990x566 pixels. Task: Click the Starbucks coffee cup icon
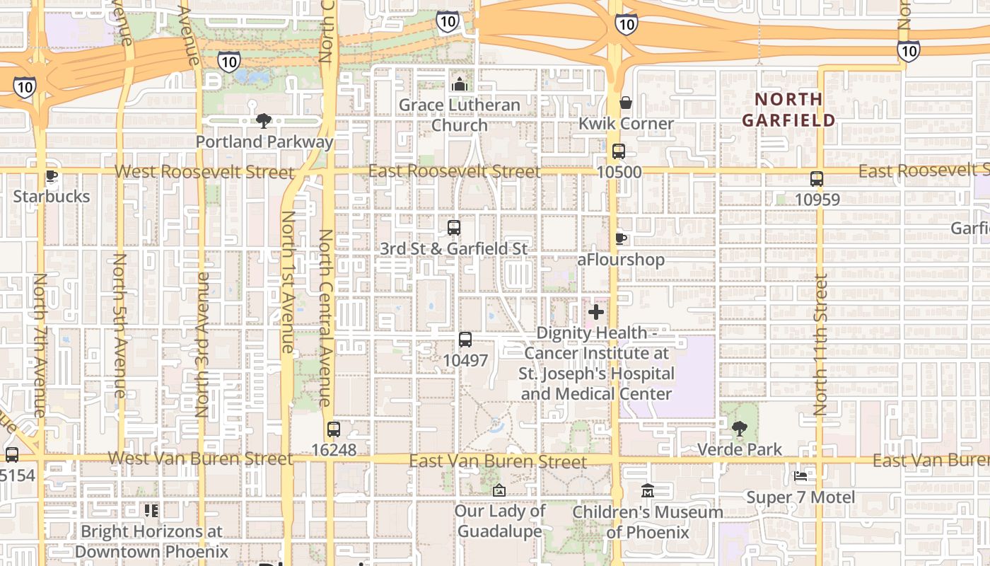click(50, 176)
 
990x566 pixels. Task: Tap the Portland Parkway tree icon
click(264, 121)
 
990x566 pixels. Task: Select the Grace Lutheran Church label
click(459, 115)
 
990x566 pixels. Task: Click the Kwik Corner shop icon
click(625, 103)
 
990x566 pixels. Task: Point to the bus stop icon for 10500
click(619, 151)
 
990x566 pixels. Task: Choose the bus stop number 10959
click(817, 200)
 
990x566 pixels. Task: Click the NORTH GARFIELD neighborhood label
click(788, 110)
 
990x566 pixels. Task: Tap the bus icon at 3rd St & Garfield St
click(454, 228)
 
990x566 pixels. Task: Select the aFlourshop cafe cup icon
click(621, 239)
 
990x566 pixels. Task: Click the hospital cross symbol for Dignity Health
click(596, 311)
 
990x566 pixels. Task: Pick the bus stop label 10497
click(465, 360)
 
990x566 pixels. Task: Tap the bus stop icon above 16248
click(334, 429)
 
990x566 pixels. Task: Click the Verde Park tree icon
click(740, 428)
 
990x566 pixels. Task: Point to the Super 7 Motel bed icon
click(800, 476)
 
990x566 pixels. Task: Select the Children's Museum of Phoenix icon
click(648, 490)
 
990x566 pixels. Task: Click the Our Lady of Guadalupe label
click(501, 521)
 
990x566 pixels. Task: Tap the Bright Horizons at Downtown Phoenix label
click(151, 541)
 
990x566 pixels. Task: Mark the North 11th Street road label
click(820, 345)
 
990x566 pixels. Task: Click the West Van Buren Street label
click(200, 458)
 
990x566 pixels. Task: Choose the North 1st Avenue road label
click(287, 282)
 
